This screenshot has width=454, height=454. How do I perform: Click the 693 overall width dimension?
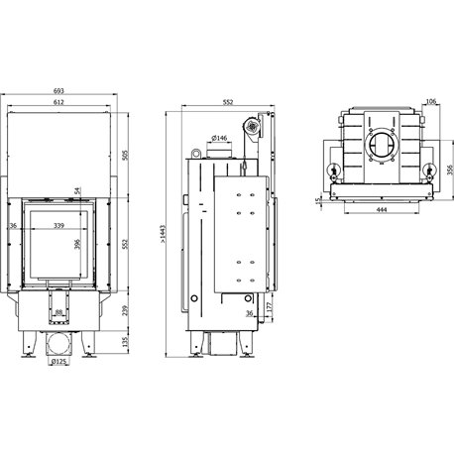coord(58,90)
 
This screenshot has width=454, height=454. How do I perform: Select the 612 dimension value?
coord(58,102)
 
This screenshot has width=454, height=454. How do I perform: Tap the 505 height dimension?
coord(125,155)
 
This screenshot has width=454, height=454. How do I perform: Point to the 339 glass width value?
coord(58,226)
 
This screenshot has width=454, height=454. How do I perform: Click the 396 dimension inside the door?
coord(77,244)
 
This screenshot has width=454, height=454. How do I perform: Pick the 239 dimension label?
coord(125,310)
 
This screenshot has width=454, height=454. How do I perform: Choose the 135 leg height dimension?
coord(125,342)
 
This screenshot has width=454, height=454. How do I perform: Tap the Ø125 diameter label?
coord(58,362)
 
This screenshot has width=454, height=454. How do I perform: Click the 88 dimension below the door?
coord(58,312)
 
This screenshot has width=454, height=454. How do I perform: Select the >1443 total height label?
coord(163,234)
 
